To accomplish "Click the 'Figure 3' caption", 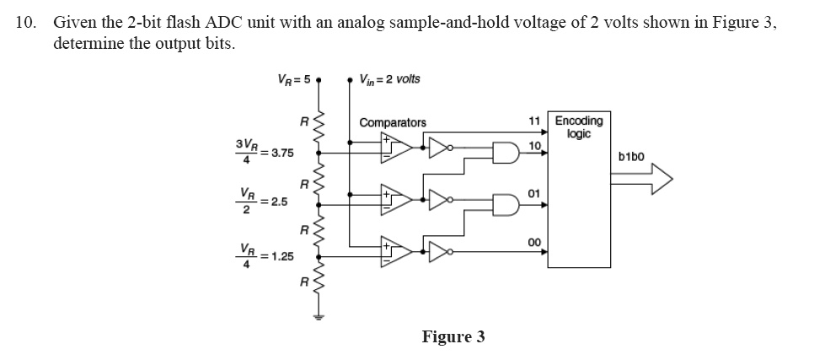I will [453, 336].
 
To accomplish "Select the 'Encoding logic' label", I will [573, 126].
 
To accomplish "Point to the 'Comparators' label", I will [393, 122].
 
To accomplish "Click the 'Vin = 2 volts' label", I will [388, 80].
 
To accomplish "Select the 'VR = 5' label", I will [294, 81].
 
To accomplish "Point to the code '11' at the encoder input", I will [533, 121].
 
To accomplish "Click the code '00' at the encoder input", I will [533, 242].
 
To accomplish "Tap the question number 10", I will [24, 24].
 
